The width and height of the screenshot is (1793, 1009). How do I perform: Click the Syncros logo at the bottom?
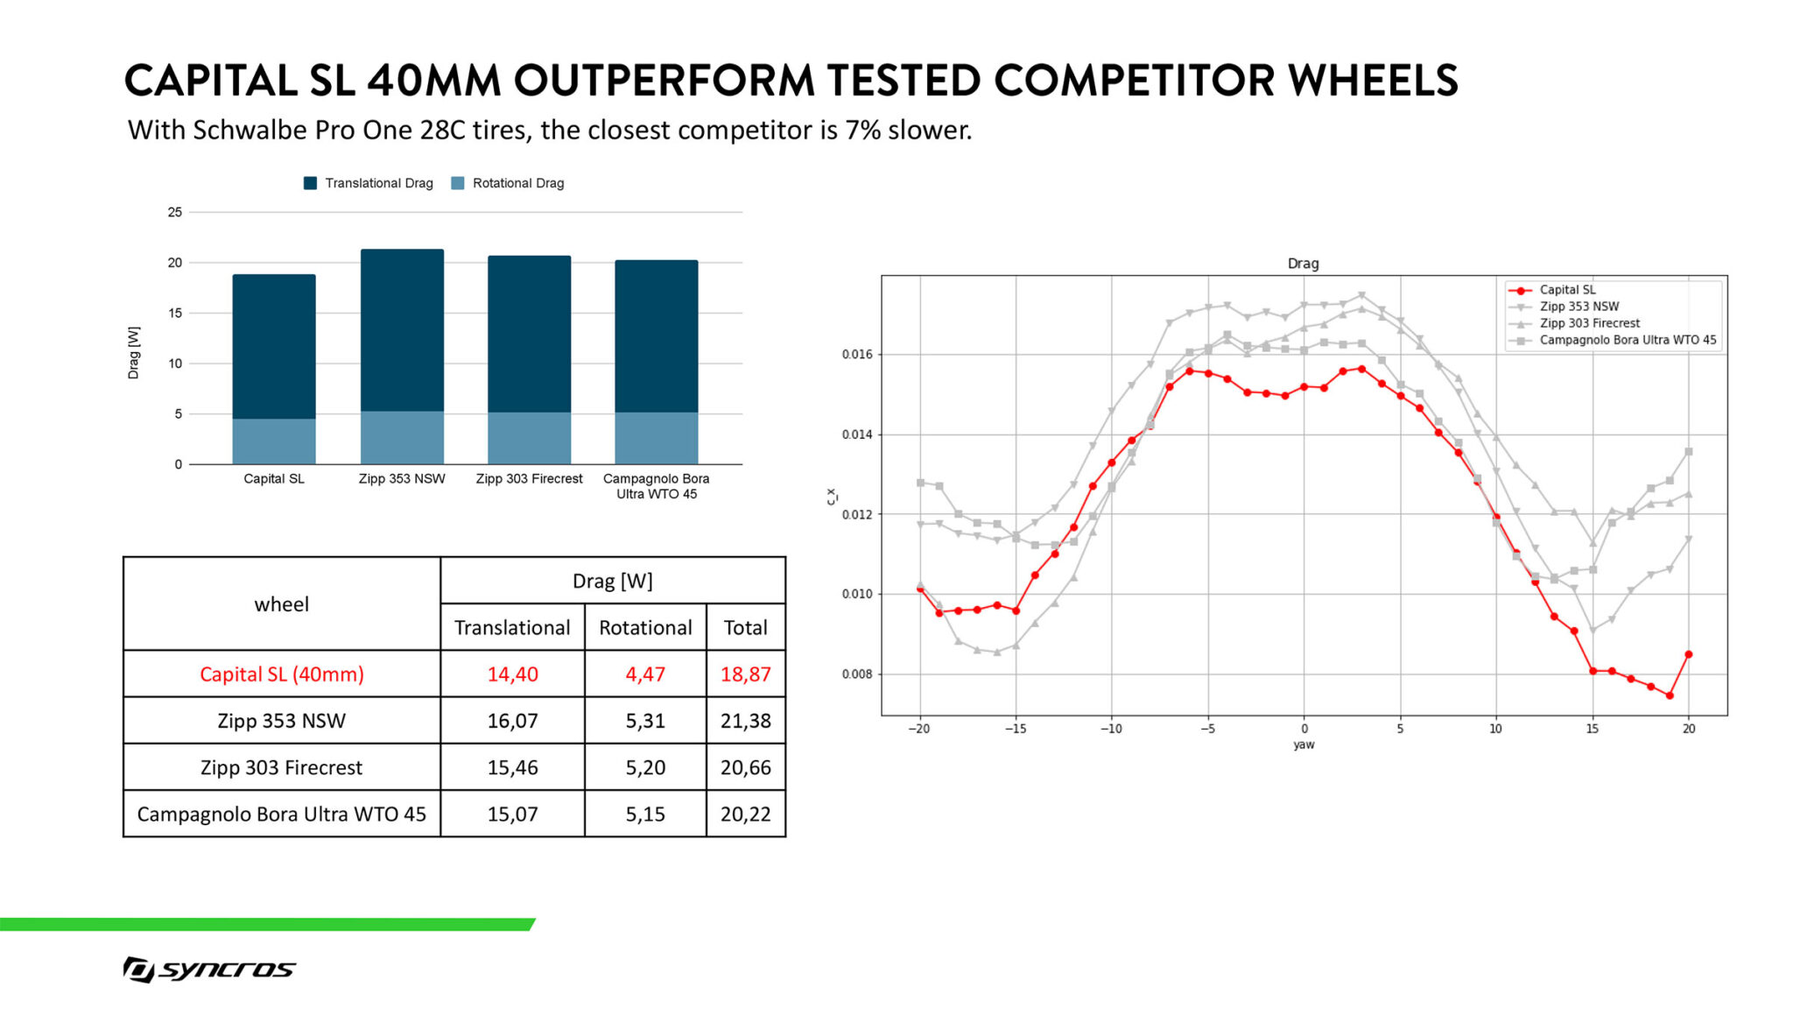(209, 969)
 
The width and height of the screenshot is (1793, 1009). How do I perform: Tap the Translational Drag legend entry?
(369, 183)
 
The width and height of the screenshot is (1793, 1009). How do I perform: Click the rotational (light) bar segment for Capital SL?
(274, 441)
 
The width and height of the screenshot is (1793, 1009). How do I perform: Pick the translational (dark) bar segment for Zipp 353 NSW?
(402, 330)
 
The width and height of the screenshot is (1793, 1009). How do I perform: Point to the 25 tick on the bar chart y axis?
(175, 212)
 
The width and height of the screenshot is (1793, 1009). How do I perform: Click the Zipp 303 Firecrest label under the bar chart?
(529, 479)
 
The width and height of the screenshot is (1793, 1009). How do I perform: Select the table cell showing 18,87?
(745, 674)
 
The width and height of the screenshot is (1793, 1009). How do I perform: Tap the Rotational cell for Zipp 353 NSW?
(645, 721)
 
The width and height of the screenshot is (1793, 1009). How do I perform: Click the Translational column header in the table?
(512, 627)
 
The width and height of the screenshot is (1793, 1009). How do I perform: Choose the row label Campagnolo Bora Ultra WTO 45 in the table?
(281, 814)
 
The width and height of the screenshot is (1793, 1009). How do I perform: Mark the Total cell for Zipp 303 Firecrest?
(745, 767)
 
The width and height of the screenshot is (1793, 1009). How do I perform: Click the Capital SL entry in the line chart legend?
(1567, 290)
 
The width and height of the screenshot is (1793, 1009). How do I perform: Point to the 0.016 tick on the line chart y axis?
(857, 355)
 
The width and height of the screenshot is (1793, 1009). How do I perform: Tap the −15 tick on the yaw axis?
(1015, 729)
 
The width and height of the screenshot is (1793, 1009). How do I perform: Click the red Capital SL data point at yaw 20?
(1689, 654)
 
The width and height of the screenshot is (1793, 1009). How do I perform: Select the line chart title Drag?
(1303, 264)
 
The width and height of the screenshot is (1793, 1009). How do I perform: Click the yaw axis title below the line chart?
(1304, 744)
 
